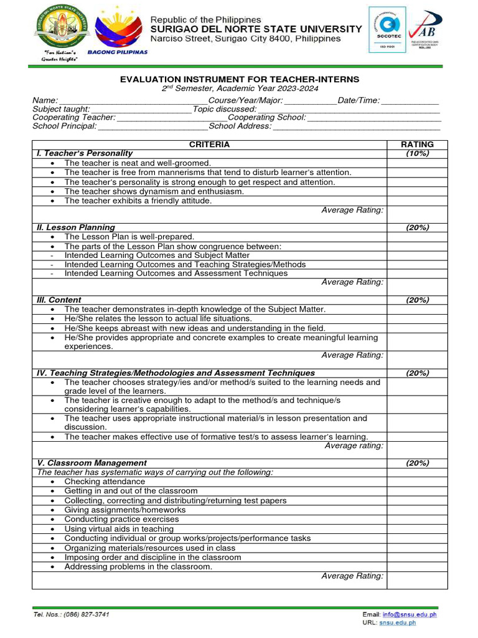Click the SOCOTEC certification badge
[387, 31]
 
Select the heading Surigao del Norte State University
[256, 29]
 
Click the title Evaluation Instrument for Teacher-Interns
[239, 80]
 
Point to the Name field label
[45, 100]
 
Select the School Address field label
[240, 126]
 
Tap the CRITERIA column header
[209, 145]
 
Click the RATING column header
[417, 145]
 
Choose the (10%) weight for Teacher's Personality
[417, 153]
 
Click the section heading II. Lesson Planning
[75, 227]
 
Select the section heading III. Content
[59, 300]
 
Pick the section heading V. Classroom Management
[91, 463]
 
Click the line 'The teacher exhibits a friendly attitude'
[138, 201]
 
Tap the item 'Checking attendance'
[104, 482]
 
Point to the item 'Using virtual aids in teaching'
[119, 528]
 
